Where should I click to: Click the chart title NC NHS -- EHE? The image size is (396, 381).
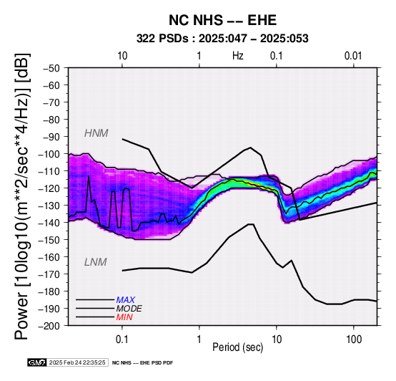(222, 20)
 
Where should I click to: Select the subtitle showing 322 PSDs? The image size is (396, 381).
(222, 39)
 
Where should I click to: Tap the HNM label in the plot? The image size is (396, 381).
(96, 133)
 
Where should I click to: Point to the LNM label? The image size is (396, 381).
(96, 262)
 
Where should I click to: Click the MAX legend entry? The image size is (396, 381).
(126, 300)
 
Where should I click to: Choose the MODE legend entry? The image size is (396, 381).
(129, 309)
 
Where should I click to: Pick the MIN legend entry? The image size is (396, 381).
(124, 317)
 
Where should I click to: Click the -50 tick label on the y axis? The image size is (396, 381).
(51, 68)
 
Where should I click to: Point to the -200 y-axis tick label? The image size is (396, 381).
(49, 326)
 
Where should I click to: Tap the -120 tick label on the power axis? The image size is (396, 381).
(49, 188)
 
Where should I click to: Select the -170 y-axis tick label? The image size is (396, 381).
(49, 274)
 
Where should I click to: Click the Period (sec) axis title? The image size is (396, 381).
(237, 347)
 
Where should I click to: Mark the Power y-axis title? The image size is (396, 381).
(21, 196)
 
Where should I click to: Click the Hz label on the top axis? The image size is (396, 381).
(237, 56)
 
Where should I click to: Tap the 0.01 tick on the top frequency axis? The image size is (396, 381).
(353, 56)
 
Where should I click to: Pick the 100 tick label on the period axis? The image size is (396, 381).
(354, 339)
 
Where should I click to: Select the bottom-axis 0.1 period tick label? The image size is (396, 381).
(122, 339)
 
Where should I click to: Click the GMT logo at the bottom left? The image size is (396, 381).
(36, 362)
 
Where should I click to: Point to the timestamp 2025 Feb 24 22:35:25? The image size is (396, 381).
(77, 362)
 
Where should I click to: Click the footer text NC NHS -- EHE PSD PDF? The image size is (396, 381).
(143, 363)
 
